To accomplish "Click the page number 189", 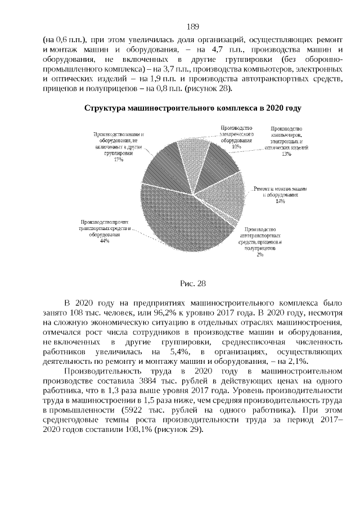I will coord(192,26).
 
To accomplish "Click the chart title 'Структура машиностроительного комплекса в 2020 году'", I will coord(192,108).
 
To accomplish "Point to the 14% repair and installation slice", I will coord(231,197).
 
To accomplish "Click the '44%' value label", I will coord(104,241).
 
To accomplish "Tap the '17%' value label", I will coord(118,160).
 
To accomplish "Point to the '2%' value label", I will coord(260,254).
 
